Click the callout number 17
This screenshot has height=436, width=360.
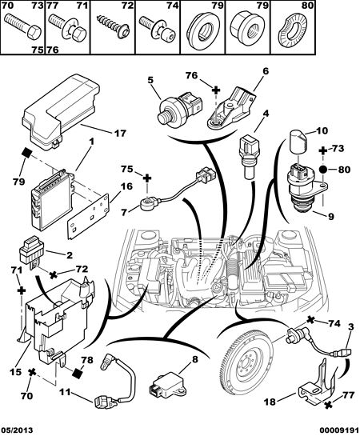click(120, 134)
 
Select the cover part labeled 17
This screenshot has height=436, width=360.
click(61, 112)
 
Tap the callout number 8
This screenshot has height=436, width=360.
click(195, 359)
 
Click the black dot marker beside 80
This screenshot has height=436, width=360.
click(322, 170)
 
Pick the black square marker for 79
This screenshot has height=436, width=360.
click(27, 152)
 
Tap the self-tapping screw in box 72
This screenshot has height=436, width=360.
click(113, 26)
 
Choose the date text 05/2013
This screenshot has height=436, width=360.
click(17, 430)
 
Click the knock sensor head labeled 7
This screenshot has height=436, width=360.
click(147, 201)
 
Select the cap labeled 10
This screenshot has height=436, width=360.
click(298, 142)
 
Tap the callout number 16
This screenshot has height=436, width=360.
click(126, 186)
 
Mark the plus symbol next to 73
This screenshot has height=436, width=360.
click(322, 150)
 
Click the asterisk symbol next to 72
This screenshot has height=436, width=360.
click(53, 275)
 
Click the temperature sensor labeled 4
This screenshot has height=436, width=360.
click(249, 157)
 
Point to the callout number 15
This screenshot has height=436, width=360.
click(14, 372)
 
